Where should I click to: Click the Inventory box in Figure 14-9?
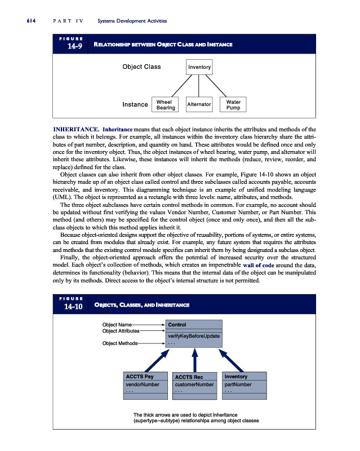pyautogui.click(x=200, y=68)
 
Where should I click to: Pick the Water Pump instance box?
pyautogui.click(x=233, y=105)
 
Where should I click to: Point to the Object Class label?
pyautogui.click(x=141, y=67)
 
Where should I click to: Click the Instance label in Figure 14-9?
pyautogui.click(x=135, y=104)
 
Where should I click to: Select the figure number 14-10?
pyautogui.click(x=73, y=307)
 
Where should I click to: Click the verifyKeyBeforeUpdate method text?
pyautogui.click(x=193, y=337)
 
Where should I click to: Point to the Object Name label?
pyautogui.click(x=117, y=325)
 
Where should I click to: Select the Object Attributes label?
pyautogui.click(x=121, y=331)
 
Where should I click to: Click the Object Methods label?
pyautogui.click(x=119, y=343)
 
